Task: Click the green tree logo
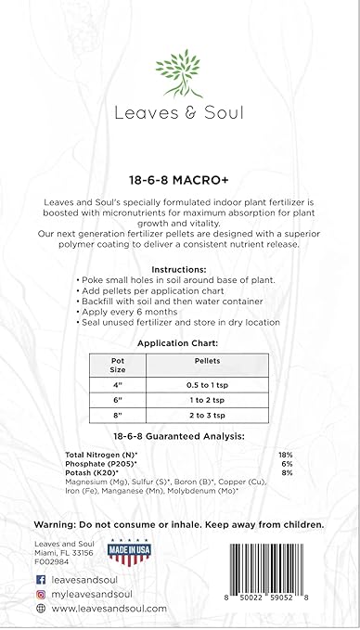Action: coord(179,72)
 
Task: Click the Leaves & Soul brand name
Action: coord(179,115)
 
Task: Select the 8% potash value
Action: coord(287,472)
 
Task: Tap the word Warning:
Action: coord(56,523)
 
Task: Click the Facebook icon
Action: coord(41,576)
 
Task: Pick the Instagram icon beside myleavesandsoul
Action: coord(41,592)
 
